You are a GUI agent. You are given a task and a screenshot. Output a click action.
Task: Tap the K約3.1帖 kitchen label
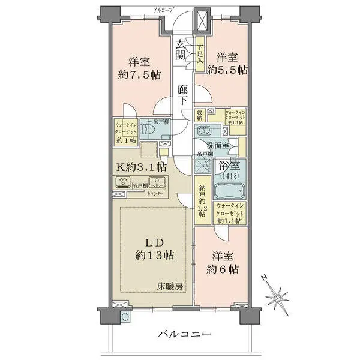click(137, 168)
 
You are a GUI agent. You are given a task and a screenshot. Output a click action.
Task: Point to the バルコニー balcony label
click(184, 334)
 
